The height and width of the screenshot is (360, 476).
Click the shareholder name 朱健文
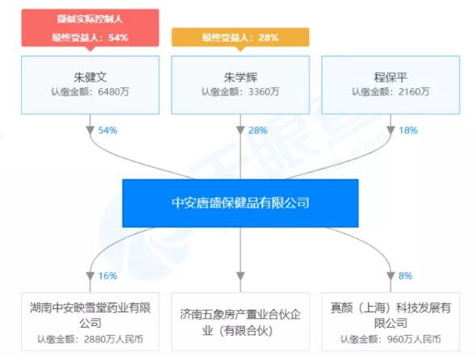(90, 77)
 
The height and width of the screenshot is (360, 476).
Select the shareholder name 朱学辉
(240, 77)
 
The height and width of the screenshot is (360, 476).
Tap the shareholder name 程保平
(390, 77)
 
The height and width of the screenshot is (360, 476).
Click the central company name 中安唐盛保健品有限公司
(240, 203)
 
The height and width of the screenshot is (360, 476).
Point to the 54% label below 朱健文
(107, 130)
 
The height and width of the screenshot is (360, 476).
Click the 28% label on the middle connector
(257, 130)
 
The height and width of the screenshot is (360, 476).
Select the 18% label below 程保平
(408, 130)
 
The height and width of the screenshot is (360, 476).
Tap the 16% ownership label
(107, 276)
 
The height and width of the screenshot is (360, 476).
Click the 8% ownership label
(405, 276)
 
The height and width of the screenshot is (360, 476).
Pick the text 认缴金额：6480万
(90, 91)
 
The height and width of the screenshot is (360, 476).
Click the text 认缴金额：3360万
(240, 91)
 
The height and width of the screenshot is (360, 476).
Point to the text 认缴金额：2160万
(390, 91)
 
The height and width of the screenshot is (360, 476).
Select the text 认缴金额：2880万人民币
(90, 339)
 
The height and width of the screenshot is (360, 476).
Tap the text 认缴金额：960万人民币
(390, 339)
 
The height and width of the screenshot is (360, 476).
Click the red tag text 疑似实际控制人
(90, 19)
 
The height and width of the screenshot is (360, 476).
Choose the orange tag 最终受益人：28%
(240, 37)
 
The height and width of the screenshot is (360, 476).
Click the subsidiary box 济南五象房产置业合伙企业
(240, 321)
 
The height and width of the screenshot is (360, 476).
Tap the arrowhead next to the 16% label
(90, 276)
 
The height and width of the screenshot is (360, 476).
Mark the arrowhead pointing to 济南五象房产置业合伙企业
(240, 276)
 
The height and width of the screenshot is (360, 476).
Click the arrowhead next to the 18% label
(390, 130)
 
